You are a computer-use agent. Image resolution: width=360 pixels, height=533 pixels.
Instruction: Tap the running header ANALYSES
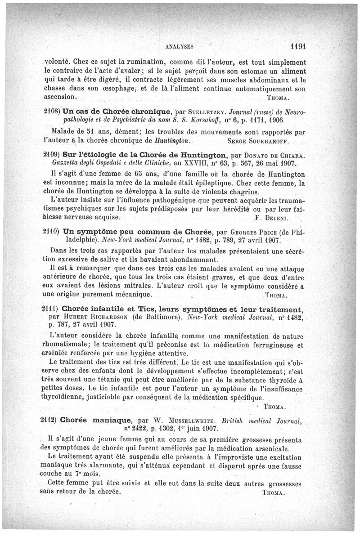pos(180,46)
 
